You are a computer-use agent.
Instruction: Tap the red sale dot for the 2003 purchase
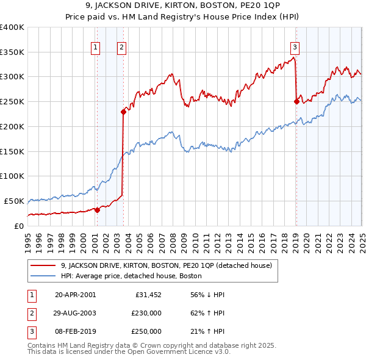[123, 112]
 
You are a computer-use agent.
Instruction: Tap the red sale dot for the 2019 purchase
[296, 102]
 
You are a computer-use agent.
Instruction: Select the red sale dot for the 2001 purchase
[97, 210]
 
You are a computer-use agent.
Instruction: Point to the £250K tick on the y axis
[12, 102]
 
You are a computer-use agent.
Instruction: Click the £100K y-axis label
[12, 176]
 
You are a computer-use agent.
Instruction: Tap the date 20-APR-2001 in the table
[75, 295]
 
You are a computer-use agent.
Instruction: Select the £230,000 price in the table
[146, 313]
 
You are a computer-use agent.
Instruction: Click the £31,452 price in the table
[148, 295]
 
